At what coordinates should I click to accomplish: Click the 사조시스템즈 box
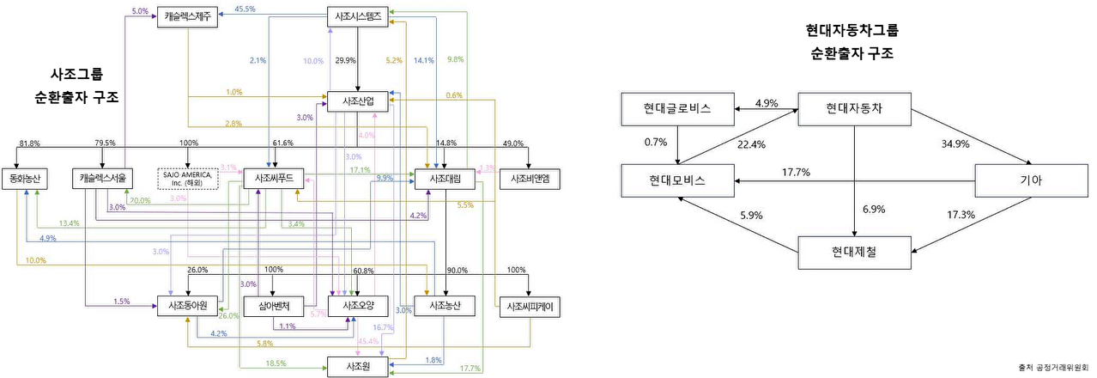tap(357, 16)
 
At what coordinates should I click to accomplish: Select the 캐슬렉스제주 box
tap(189, 16)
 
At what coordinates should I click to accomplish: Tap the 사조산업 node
tap(357, 102)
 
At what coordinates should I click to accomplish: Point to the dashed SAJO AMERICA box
tap(187, 178)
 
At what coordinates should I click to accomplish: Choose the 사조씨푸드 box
tap(275, 178)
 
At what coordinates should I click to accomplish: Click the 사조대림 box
tap(445, 178)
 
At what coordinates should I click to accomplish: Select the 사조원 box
tap(357, 367)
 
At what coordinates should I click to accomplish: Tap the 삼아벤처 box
tap(275, 305)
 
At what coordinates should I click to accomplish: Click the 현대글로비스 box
tap(678, 108)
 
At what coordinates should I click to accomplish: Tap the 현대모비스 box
tap(678, 180)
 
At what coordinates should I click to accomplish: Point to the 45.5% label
tap(245, 9)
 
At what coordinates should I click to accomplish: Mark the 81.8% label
tap(30, 143)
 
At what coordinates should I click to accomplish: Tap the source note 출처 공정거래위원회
tap(1049, 366)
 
